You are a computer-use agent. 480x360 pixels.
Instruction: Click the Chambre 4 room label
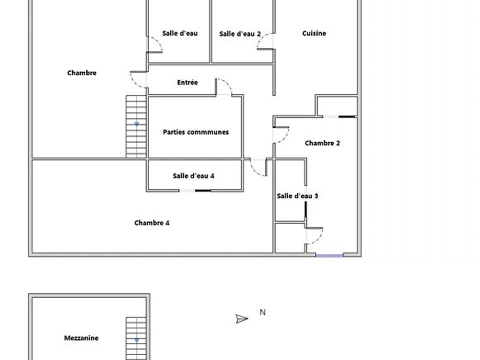(x=152, y=223)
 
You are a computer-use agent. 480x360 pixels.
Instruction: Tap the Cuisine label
(x=314, y=33)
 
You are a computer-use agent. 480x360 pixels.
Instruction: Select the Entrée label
(x=187, y=82)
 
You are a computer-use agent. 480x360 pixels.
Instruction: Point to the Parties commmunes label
(x=196, y=132)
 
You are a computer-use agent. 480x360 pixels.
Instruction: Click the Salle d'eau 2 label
(x=240, y=33)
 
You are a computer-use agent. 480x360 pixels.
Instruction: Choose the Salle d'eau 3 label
(x=297, y=196)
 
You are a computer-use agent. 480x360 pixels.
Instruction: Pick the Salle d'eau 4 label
(x=193, y=175)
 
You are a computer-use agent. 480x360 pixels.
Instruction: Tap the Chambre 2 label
(x=322, y=143)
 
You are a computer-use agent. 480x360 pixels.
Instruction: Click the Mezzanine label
(x=81, y=338)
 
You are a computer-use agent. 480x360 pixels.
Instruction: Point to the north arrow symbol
(x=241, y=319)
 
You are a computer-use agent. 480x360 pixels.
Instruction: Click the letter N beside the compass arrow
(x=262, y=312)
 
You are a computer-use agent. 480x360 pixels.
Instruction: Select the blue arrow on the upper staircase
(x=136, y=124)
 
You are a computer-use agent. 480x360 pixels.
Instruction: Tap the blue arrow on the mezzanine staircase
(x=136, y=340)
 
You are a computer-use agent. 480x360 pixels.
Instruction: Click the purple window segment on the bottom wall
(x=329, y=255)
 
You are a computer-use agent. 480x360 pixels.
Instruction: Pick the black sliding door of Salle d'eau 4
(x=203, y=190)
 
